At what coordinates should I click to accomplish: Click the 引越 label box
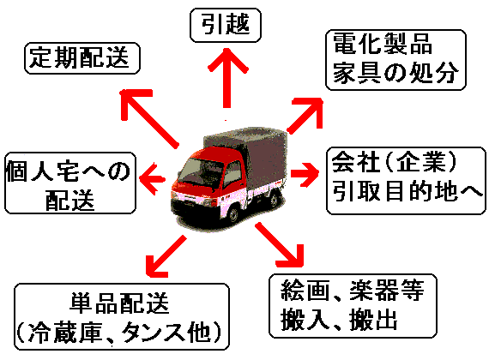226,25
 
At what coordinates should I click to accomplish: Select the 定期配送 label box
82,58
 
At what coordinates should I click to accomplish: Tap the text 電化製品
383,44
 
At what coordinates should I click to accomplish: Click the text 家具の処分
396,73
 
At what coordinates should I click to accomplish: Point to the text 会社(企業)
394,162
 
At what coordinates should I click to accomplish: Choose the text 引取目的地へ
407,191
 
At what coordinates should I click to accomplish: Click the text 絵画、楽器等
353,291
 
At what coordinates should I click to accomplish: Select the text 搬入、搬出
339,320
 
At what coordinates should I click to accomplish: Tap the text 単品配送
119,303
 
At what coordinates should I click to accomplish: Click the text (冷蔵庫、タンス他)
119,333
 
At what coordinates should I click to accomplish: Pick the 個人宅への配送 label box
70,183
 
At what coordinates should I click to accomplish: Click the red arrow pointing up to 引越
227,78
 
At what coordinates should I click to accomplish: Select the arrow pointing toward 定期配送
149,117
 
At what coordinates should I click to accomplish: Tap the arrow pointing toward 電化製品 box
305,116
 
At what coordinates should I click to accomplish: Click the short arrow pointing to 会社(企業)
305,174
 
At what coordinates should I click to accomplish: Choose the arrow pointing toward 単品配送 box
166,256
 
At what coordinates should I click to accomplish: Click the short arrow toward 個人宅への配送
152,179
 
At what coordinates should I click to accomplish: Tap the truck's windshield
200,171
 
